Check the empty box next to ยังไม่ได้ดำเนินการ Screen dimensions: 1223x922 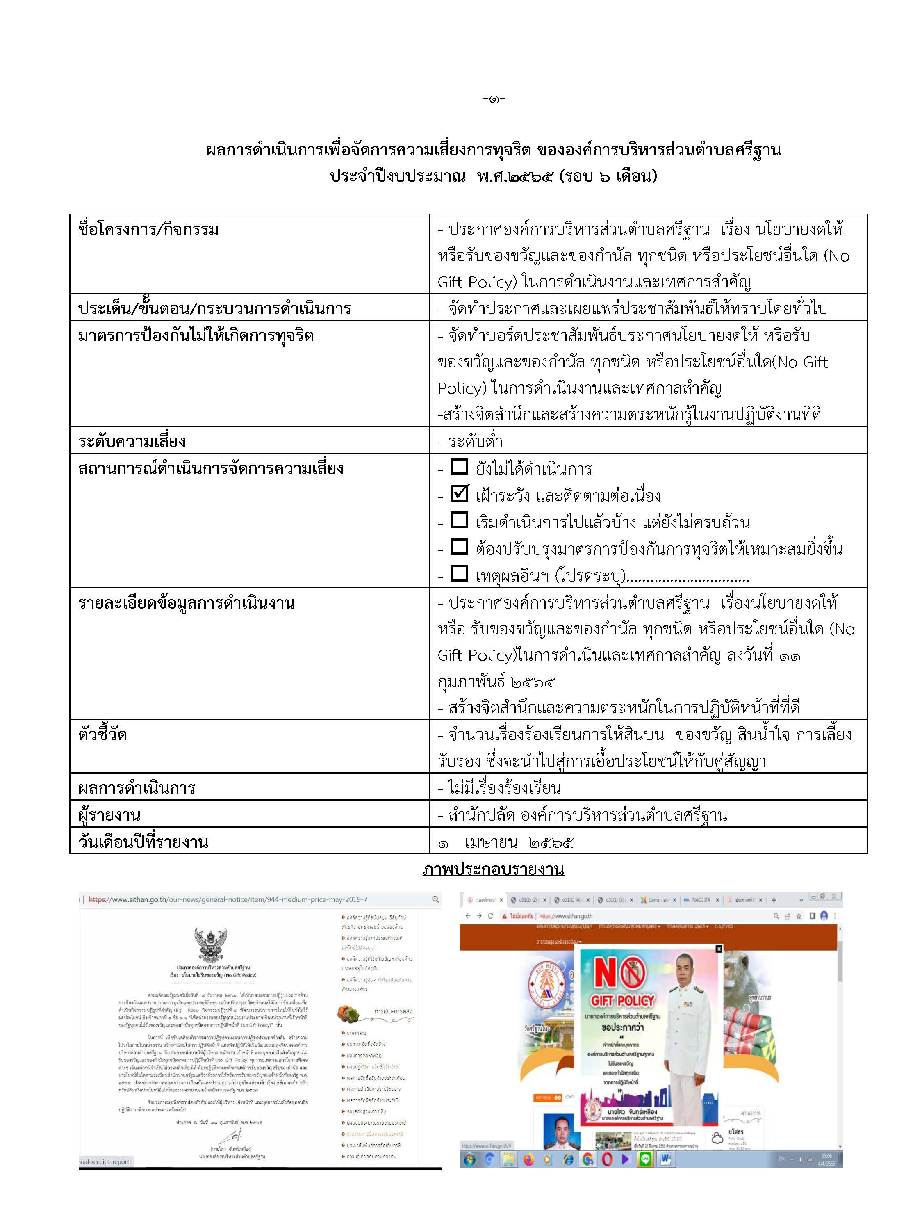(x=459, y=467)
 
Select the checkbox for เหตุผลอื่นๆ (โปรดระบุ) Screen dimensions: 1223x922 (x=459, y=573)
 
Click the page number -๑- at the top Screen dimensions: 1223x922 (x=494, y=99)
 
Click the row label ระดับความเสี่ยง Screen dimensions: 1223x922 (x=132, y=441)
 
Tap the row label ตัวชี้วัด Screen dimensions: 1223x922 (x=103, y=735)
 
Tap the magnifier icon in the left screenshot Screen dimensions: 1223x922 (x=435, y=899)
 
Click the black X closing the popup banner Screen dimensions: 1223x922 (x=719, y=949)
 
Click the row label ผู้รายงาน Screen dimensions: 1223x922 (x=109, y=815)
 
